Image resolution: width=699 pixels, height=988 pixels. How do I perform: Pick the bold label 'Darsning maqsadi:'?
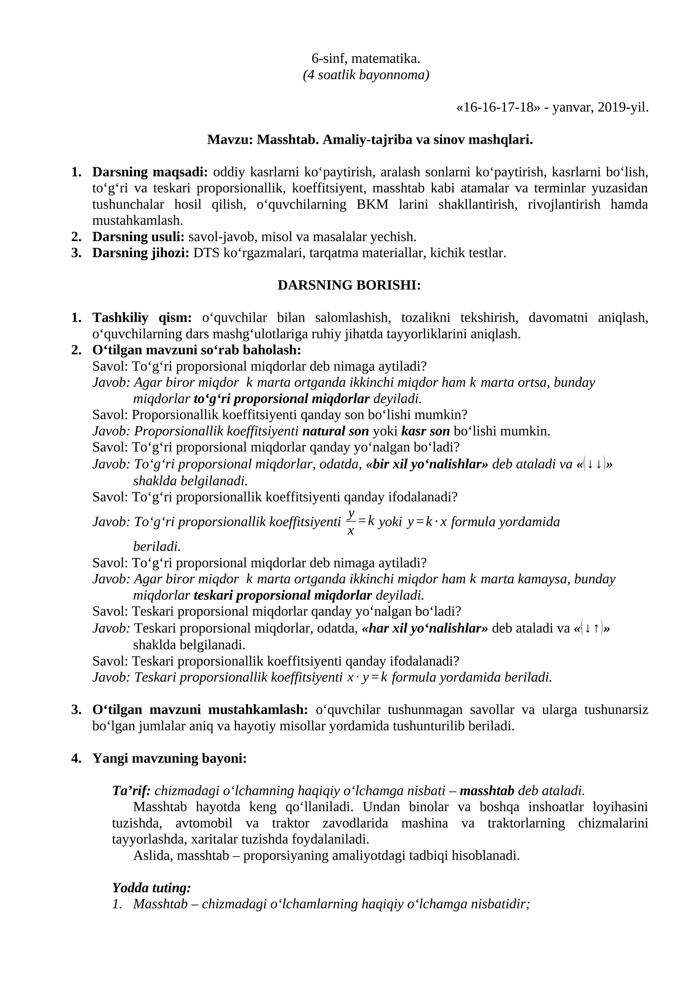click(x=150, y=172)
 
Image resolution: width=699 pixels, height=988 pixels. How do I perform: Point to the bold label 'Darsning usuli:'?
click(x=138, y=237)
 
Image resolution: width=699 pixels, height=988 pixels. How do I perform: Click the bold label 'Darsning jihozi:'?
click(x=140, y=253)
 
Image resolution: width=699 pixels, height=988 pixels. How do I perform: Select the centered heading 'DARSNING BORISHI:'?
click(x=349, y=285)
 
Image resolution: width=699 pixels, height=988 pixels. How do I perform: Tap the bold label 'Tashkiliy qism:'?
click(x=142, y=318)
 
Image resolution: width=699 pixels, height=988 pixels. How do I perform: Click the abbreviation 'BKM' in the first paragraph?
click(x=372, y=204)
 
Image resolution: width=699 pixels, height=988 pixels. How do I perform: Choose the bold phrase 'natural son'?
click(x=336, y=432)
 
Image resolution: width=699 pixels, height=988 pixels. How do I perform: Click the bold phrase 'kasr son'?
click(x=425, y=432)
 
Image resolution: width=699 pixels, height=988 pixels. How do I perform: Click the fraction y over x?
click(x=350, y=522)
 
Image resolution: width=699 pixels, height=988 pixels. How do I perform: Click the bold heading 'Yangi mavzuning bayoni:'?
click(x=170, y=759)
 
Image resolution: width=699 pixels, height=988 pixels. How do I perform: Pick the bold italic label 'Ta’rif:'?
click(x=131, y=791)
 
